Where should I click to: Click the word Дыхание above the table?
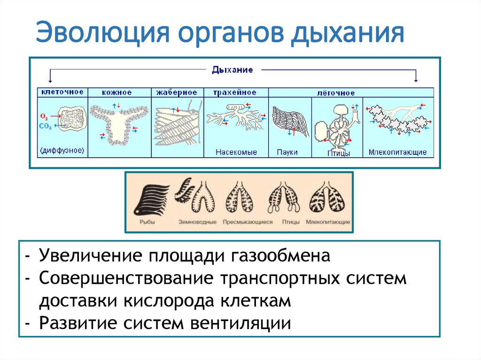point(232,70)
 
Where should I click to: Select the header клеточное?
point(62,92)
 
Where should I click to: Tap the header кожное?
point(119,92)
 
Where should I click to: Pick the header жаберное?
point(177,92)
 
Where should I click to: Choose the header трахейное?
point(235,92)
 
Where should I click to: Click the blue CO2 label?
point(46,126)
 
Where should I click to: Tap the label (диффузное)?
point(62,151)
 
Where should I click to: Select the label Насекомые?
point(236,152)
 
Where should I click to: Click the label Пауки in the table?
point(287,152)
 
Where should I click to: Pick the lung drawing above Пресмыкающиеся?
point(240,197)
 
